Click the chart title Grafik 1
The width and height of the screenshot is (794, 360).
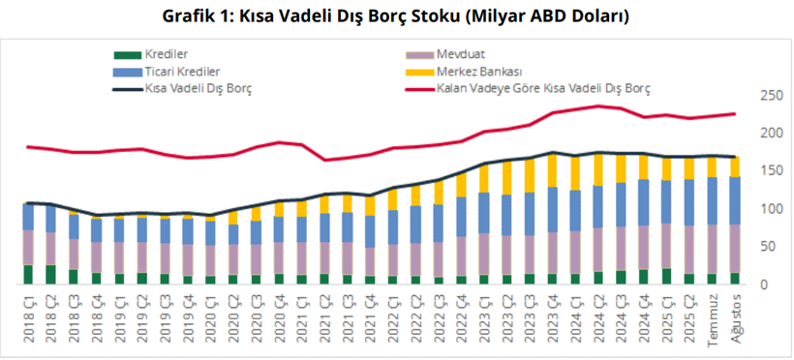coord(397,17)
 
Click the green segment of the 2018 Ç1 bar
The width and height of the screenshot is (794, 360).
coord(29,274)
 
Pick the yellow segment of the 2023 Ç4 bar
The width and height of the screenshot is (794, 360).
coord(553,169)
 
